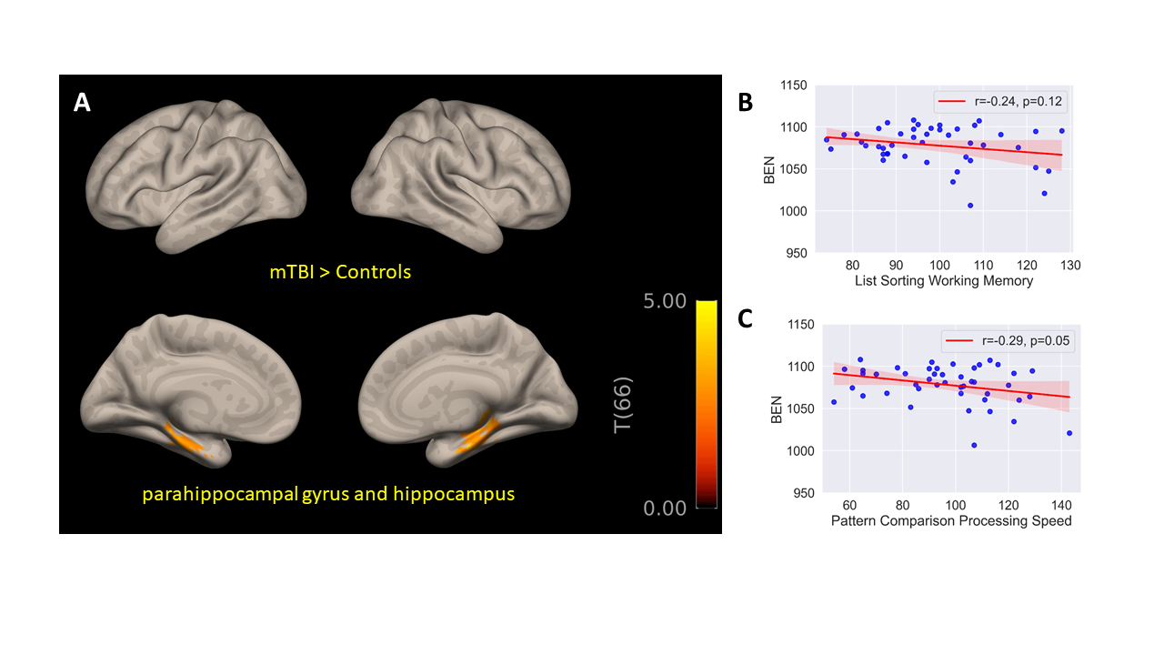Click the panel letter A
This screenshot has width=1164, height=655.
point(82,103)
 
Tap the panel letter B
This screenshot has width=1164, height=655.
point(745,103)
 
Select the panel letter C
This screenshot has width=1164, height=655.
point(745,318)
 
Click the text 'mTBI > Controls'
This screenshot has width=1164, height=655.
point(340,272)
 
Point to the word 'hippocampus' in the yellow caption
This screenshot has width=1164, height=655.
point(454,494)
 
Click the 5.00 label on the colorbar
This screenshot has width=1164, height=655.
point(665,301)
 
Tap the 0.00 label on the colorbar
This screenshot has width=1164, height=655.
point(665,508)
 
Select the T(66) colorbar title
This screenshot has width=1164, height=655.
point(623,405)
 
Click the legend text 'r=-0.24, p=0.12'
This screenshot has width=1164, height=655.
point(1018,101)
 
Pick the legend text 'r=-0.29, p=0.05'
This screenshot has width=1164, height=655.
point(1026,341)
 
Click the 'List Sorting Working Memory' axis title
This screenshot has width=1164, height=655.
point(944,281)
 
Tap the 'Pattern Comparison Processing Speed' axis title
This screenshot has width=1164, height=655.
point(951,521)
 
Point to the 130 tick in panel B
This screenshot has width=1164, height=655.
point(1070,266)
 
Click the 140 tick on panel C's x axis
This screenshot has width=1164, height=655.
point(1061,505)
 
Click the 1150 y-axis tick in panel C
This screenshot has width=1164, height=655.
point(801,325)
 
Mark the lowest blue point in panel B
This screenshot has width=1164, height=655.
point(970,206)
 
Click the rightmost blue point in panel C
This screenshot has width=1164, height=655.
point(1069,433)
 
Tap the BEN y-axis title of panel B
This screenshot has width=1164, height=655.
point(769,170)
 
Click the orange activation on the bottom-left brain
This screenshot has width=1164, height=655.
point(186,439)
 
